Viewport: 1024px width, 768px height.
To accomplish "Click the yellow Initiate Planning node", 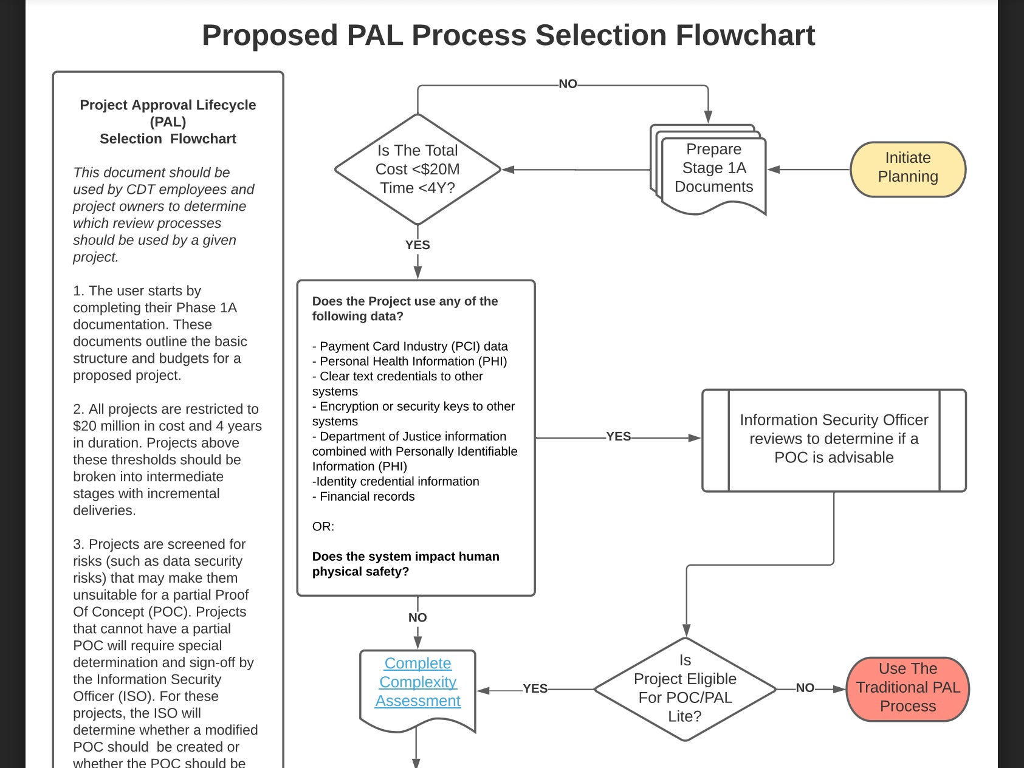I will coord(907,169).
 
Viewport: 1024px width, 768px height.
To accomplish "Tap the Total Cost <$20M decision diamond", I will coord(418,169).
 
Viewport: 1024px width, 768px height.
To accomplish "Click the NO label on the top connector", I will coord(568,84).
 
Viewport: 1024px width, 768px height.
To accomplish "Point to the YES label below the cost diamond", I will coord(418,245).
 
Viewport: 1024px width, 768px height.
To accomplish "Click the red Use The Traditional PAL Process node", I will coord(907,688).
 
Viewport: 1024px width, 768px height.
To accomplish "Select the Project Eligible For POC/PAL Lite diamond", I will coord(685,688).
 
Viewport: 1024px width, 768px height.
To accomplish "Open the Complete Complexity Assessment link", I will coord(418,682).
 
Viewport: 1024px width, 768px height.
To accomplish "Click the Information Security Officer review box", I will coord(834,439).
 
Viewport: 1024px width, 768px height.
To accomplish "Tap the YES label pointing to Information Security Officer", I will coord(618,436).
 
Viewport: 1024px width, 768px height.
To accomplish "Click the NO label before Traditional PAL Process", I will coord(805,688).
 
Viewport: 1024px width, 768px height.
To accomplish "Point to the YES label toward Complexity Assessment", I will coord(535,688).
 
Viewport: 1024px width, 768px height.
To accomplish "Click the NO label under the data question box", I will coord(418,617).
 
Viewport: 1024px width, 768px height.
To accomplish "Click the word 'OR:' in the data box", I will coord(323,527).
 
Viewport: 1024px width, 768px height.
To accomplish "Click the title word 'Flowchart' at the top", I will coord(745,35).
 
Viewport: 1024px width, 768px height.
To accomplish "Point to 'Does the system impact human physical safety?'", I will coord(405,564).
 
